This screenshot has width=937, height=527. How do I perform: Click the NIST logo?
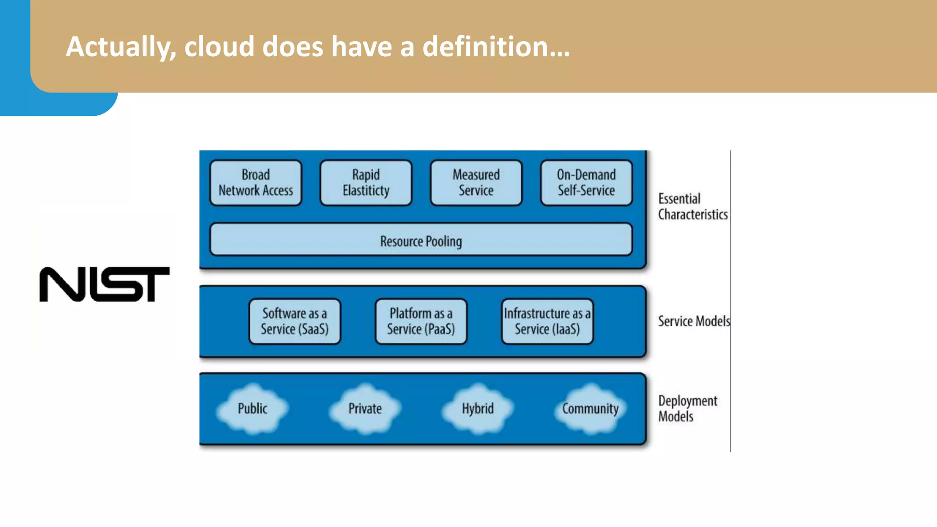pos(104,284)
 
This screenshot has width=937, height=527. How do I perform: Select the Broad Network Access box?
pos(256,183)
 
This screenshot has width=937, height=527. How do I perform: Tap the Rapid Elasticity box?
pos(366,183)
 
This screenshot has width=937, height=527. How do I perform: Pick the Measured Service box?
pos(476,183)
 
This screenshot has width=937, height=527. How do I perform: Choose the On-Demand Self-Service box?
pos(586,183)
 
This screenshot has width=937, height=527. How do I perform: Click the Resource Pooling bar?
pos(421,240)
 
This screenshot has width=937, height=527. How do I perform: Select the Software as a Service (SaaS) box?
pos(295,321)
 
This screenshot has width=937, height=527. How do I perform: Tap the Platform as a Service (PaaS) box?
pos(421,321)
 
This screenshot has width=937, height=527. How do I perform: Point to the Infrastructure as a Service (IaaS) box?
pos(547,321)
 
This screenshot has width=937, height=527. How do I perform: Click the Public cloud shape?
pos(253,409)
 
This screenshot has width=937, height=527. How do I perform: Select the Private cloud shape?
pos(365,409)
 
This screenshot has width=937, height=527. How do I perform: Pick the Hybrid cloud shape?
pos(478,409)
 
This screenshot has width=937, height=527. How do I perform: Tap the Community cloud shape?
pos(590,409)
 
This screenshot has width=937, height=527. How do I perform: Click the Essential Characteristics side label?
pos(692,207)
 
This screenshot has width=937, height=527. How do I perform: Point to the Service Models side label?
pos(694,321)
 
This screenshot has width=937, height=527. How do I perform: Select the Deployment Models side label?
pos(687,409)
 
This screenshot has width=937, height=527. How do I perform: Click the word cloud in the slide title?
pos(219,47)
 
